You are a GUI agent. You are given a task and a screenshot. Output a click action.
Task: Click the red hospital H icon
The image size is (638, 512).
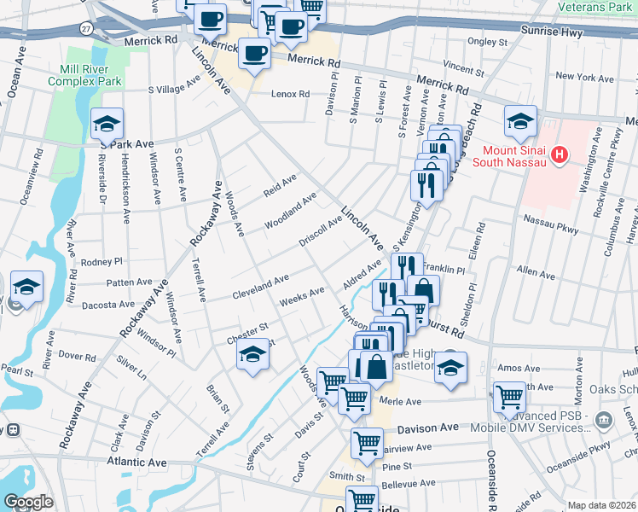click(x=560, y=154)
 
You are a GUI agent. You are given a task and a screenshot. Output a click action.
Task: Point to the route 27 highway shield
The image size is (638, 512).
click(x=87, y=28)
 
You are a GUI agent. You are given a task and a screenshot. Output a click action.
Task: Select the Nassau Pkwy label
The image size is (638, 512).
click(x=550, y=224)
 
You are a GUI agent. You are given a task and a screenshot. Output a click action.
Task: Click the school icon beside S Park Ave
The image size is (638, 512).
click(x=107, y=125)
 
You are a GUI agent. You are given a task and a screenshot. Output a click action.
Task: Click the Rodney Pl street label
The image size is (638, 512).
click(x=102, y=262)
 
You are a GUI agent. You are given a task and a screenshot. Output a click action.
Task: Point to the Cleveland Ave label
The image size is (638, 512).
click(x=261, y=287)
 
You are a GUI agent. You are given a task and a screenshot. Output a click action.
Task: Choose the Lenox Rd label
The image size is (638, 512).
click(x=290, y=94)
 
